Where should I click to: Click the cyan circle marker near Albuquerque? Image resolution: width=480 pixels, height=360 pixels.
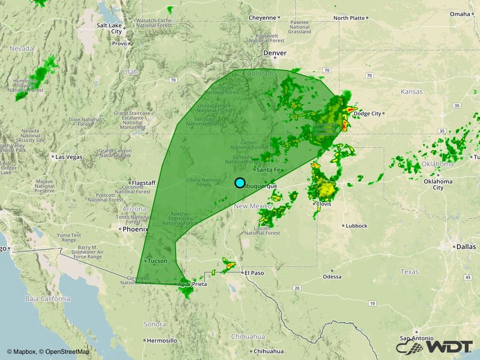click(x=239, y=183)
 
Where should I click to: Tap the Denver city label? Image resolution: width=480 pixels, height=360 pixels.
click(x=275, y=53)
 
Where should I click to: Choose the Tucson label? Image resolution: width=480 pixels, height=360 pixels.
click(x=157, y=261)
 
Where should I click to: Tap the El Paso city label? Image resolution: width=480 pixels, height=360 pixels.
click(x=253, y=273)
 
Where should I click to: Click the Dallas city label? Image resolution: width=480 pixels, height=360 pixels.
click(x=466, y=247)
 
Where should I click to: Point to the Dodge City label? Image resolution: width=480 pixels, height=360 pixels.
click(x=367, y=113)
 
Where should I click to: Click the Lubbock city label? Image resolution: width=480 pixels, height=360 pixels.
click(x=356, y=226)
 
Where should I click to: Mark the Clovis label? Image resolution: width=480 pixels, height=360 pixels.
click(x=323, y=204)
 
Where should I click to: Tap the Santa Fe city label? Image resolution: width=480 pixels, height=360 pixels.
click(x=269, y=170)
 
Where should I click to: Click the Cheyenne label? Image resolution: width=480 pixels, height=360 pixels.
click(x=262, y=17)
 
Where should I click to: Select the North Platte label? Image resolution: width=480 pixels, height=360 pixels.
click(x=349, y=18)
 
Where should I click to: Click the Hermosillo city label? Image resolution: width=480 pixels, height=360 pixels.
click(x=162, y=340)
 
